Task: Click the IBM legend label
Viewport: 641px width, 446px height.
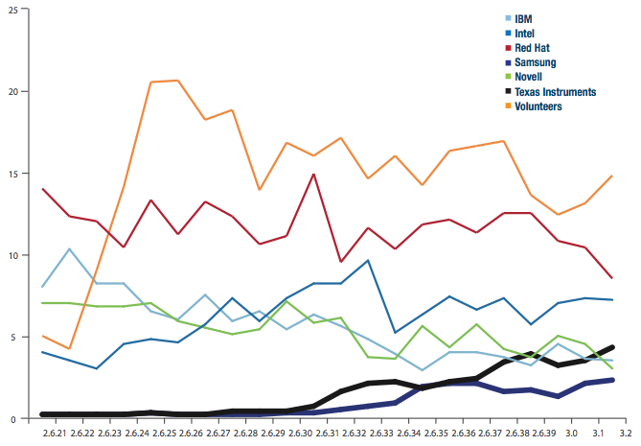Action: pyautogui.click(x=524, y=19)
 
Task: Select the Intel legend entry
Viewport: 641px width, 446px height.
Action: pyautogui.click(x=525, y=34)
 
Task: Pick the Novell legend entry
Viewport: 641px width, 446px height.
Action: pyautogui.click(x=529, y=77)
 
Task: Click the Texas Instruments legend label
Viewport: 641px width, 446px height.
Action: pyautogui.click(x=555, y=92)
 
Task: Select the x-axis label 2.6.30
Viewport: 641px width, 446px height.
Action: pyautogui.click(x=301, y=434)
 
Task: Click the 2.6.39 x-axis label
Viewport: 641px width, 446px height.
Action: pyautogui.click(x=545, y=434)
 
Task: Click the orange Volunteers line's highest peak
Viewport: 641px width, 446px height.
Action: pyautogui.click(x=178, y=81)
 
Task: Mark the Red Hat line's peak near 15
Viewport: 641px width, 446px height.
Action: pyautogui.click(x=313, y=175)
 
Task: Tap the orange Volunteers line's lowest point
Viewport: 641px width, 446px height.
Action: pyautogui.click(x=70, y=348)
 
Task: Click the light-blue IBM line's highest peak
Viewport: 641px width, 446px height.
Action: pyautogui.click(x=70, y=249)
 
